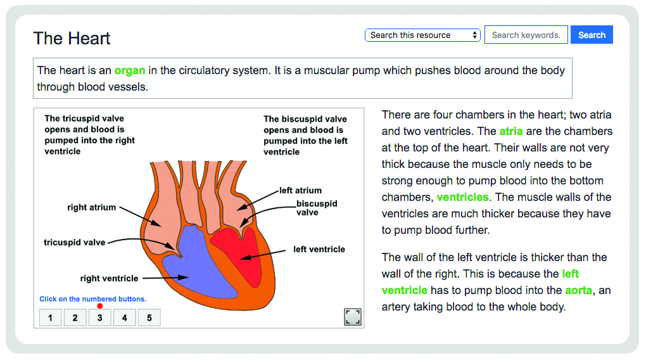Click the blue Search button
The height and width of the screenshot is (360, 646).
tap(592, 35)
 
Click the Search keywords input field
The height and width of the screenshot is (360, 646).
tap(526, 35)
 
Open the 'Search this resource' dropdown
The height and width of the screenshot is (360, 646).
tap(422, 35)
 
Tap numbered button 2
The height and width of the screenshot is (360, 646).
tap(75, 318)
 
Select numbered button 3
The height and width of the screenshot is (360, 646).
tap(99, 318)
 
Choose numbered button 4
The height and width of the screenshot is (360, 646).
tap(124, 318)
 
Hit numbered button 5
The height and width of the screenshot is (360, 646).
tap(149, 318)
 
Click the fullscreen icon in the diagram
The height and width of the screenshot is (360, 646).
tap(353, 317)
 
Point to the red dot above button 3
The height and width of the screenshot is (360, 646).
tap(99, 306)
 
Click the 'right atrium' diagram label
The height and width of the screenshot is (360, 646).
tap(91, 207)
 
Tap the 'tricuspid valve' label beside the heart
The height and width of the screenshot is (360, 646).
tap(75, 242)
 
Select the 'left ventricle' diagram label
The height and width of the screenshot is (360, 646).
tap(319, 249)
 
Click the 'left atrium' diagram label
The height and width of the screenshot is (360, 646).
tap(300, 190)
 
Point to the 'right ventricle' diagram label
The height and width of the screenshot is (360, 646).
tap(109, 278)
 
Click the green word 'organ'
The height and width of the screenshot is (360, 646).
tap(130, 70)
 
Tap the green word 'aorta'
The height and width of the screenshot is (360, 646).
tap(579, 290)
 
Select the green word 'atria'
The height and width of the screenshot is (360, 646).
tap(511, 131)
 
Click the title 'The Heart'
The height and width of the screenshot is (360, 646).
tap(72, 39)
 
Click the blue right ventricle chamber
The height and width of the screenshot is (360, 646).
tap(198, 264)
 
